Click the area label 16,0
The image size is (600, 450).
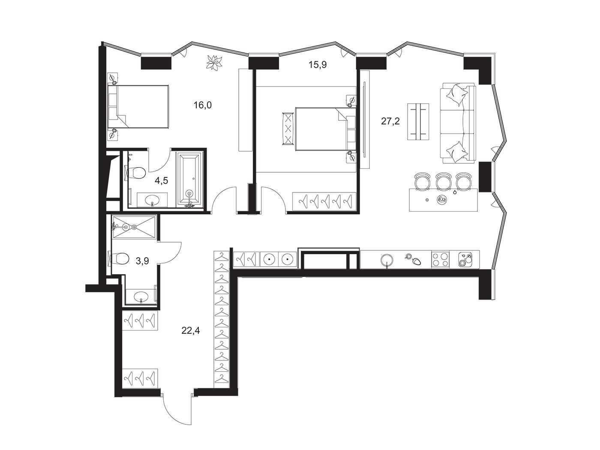pos(203,105)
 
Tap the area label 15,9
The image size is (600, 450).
pos(318,65)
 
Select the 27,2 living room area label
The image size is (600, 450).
pos(390,121)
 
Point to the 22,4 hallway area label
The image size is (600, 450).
pos(191,330)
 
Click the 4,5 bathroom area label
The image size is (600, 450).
pos(161,180)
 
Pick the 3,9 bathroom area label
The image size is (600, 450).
pos(142,261)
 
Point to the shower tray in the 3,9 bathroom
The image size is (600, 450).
pos(134,227)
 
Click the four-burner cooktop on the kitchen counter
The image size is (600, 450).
pos(441,259)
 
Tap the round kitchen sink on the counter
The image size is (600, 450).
pos(387,261)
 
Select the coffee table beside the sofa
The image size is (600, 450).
pos(418,122)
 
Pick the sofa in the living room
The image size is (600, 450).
pos(458,123)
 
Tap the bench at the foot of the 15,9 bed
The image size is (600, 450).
pos(287,129)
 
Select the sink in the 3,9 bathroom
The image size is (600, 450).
pos(141,296)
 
